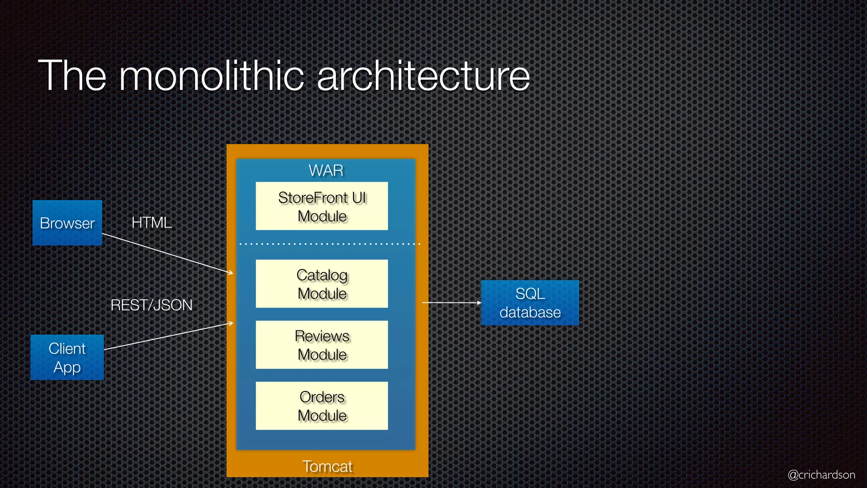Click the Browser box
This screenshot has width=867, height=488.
point(67,223)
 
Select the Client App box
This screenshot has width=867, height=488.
point(67,358)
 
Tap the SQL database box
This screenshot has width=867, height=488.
point(530,302)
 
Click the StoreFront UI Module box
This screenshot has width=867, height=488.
point(322,206)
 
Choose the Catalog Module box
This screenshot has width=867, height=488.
point(322,284)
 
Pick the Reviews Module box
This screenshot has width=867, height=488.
point(322,345)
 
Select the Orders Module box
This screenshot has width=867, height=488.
point(322,406)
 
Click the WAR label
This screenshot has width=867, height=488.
point(326,170)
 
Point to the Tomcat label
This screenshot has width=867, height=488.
point(327,466)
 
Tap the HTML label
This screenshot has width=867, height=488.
point(152,222)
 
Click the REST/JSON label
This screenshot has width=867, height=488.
point(151,305)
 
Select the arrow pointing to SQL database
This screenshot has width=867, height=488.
point(451,302)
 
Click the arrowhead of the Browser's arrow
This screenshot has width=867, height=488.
point(231,273)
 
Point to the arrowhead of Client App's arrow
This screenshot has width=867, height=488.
point(231,324)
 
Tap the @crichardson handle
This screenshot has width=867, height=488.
point(821,474)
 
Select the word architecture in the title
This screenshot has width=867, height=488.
point(423,76)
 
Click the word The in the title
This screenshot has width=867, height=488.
point(72,76)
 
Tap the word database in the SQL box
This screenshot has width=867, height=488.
point(530,313)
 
